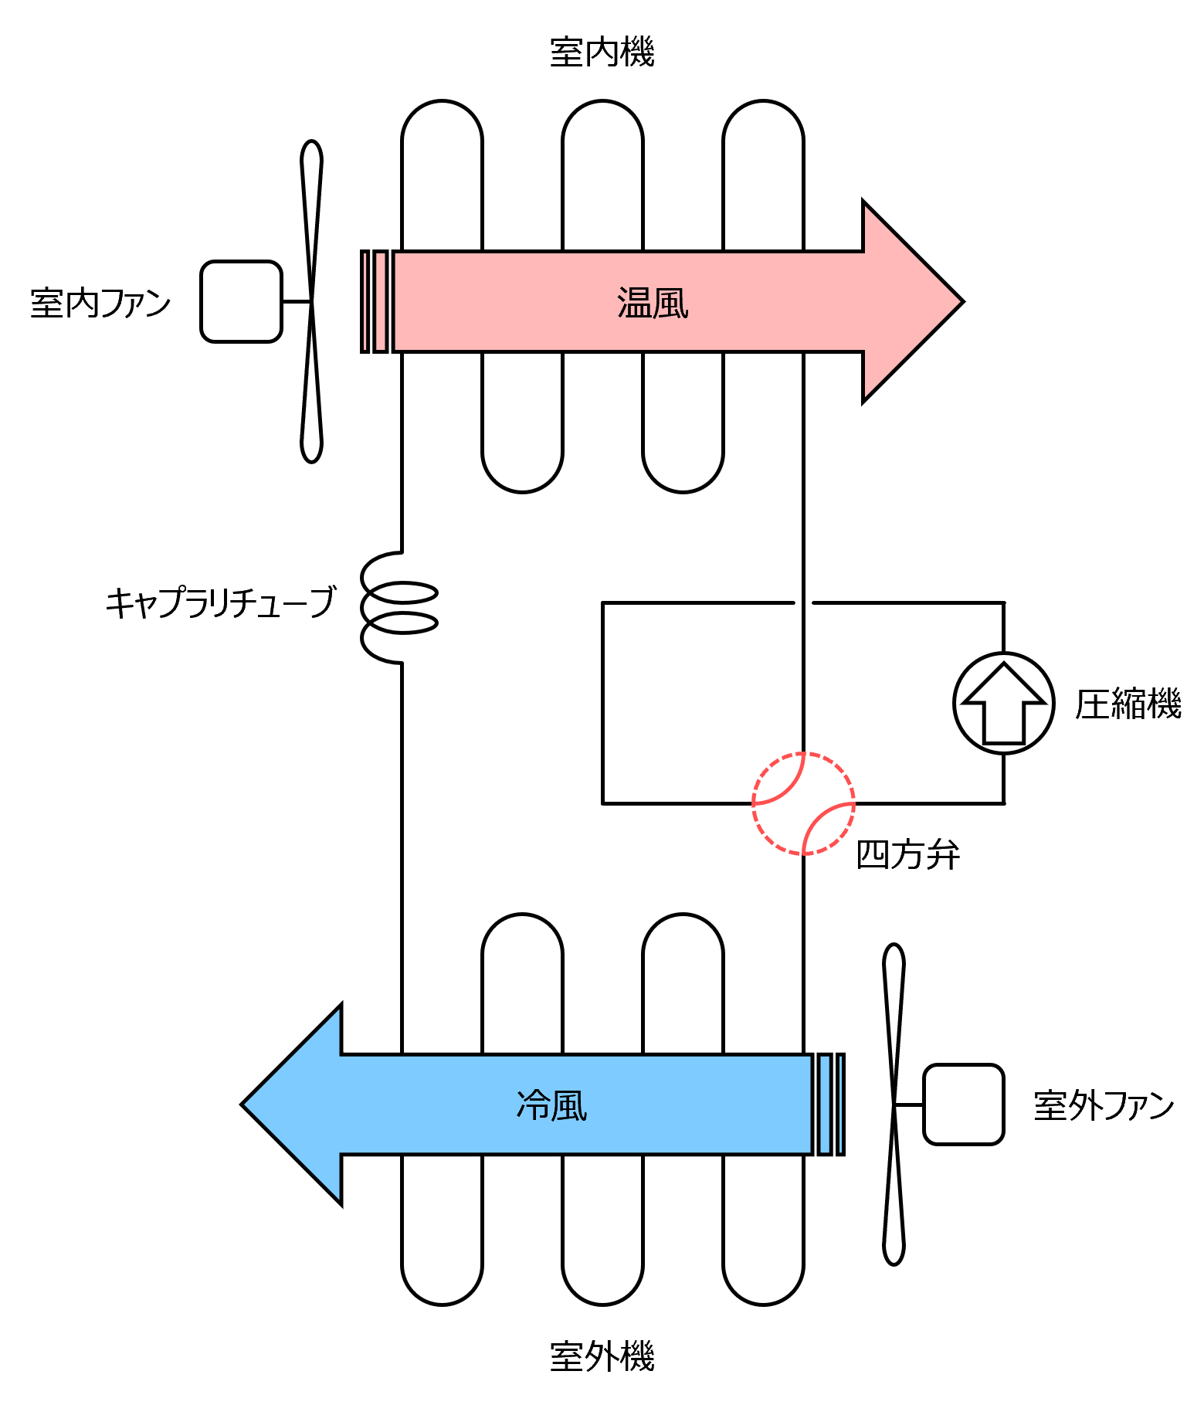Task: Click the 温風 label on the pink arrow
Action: click(x=653, y=303)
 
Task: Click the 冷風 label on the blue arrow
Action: click(x=551, y=1105)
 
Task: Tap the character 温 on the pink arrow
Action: click(x=635, y=303)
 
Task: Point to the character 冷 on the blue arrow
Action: click(x=533, y=1105)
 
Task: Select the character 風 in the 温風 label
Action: click(x=670, y=303)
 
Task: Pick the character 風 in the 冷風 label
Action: click(x=570, y=1105)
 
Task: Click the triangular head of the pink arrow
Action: click(x=904, y=301)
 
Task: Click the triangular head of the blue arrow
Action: click(x=301, y=1105)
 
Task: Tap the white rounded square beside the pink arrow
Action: click(x=241, y=301)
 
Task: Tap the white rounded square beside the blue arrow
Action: click(x=963, y=1105)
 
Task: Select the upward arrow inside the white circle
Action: click(x=1004, y=703)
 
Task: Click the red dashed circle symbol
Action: click(x=803, y=803)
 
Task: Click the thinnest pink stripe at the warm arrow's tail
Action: click(x=365, y=301)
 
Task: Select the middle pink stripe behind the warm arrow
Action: click(x=381, y=301)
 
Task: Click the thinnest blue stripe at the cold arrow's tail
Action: click(x=840, y=1105)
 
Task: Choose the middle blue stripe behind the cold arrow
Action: click(x=825, y=1105)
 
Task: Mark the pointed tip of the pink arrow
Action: click(x=958, y=301)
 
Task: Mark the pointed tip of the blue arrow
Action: click(x=247, y=1105)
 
